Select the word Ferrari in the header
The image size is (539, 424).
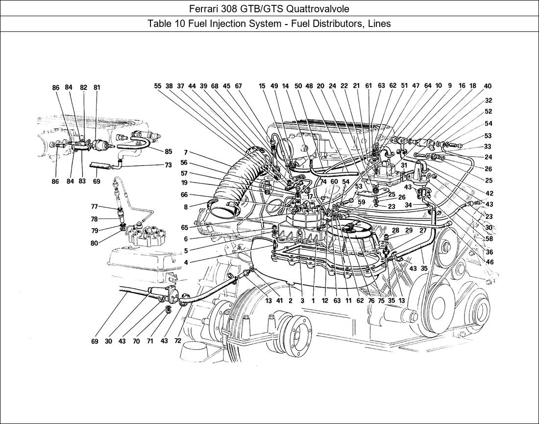(203, 8)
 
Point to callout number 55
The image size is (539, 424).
(157, 86)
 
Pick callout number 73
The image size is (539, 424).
(168, 165)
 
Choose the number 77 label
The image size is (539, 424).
(95, 207)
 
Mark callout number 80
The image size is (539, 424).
(95, 242)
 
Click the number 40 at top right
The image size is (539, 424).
(488, 86)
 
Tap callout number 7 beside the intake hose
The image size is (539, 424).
(186, 153)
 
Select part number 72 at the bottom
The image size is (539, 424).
(177, 341)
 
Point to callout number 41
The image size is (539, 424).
(279, 301)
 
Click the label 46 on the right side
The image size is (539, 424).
(490, 262)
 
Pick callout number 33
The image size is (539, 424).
(488, 146)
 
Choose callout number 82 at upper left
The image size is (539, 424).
(84, 88)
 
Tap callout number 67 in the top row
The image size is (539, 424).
(239, 86)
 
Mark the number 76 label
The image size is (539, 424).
(371, 301)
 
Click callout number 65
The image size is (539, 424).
(184, 228)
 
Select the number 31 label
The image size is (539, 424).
(404, 165)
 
